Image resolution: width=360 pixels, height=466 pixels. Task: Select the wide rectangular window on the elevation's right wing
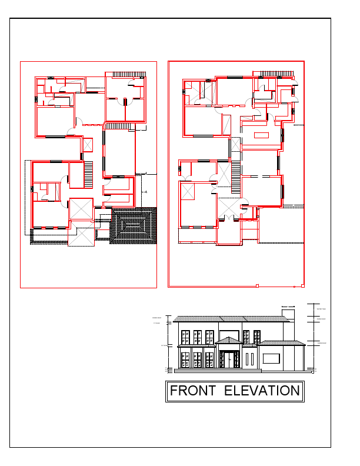click(x=271, y=358)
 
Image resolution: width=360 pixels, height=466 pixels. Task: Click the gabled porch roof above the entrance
click(x=228, y=341)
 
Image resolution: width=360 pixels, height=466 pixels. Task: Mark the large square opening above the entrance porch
click(x=229, y=335)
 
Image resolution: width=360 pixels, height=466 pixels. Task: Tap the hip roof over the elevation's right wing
click(x=281, y=342)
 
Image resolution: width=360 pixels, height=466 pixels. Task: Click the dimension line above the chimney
click(x=288, y=307)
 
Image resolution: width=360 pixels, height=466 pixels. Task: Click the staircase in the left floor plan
click(x=89, y=175)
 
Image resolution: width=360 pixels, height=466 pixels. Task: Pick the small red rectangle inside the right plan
click(x=261, y=135)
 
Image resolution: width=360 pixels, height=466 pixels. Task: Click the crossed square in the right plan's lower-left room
click(x=188, y=191)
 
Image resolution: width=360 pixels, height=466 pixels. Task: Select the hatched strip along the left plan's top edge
click(x=125, y=74)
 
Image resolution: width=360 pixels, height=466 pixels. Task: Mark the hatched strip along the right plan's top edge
click(x=276, y=74)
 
